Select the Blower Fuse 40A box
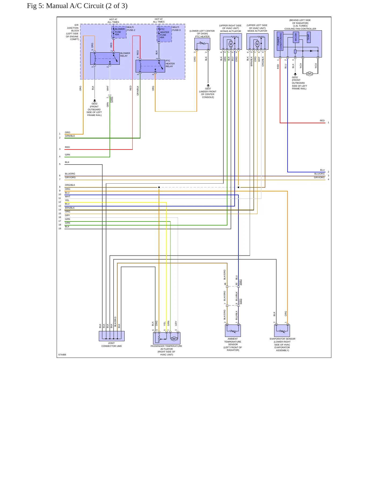click(x=119, y=32)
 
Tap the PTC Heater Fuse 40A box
click(x=164, y=34)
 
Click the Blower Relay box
click(x=105, y=59)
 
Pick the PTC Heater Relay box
click(x=150, y=66)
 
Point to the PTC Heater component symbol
click(x=202, y=44)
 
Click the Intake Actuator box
click(x=231, y=41)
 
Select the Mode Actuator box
click(x=258, y=41)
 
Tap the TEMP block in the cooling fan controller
click(x=309, y=37)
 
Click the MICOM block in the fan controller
click(x=296, y=37)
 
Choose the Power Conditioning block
click(x=280, y=41)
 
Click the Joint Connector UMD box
click(x=112, y=336)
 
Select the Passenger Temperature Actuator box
click(x=167, y=338)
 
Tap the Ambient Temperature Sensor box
click(x=233, y=331)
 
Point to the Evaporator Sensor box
click(x=282, y=331)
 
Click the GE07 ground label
click(x=208, y=89)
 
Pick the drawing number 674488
click(x=62, y=355)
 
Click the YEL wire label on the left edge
click(x=67, y=200)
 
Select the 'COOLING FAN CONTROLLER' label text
click(x=300, y=29)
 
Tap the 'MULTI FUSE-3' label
click(x=176, y=28)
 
